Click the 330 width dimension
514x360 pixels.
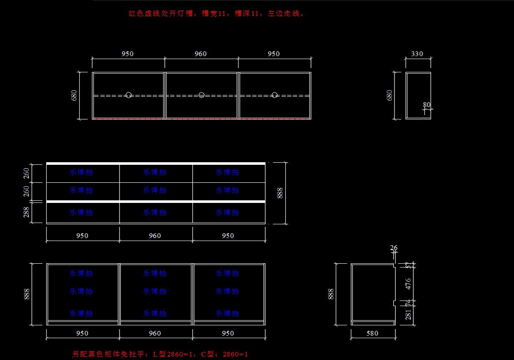coord(417,54)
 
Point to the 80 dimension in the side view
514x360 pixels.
coord(427,105)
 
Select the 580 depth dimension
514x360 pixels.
coord(372,333)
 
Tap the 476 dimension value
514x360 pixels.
coord(408,284)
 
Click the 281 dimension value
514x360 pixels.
coord(408,315)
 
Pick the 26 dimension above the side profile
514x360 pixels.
coord(394,248)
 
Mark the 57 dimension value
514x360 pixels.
coord(408,265)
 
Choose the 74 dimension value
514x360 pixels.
coord(408,303)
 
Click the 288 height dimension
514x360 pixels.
coord(27,212)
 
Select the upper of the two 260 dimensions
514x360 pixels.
coord(27,173)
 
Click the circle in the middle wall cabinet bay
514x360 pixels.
coord(201,95)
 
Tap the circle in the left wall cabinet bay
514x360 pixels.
coord(128,95)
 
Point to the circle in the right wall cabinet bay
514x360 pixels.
coord(275,95)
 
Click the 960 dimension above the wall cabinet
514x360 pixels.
coord(200,54)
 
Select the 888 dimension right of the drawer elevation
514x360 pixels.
coord(280,193)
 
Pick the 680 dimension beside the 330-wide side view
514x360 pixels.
coord(389,95)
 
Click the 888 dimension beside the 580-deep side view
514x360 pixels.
coord(331,294)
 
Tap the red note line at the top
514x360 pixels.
coord(217,13)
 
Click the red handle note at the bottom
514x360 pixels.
coord(160,354)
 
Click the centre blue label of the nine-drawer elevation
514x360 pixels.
coord(155,190)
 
